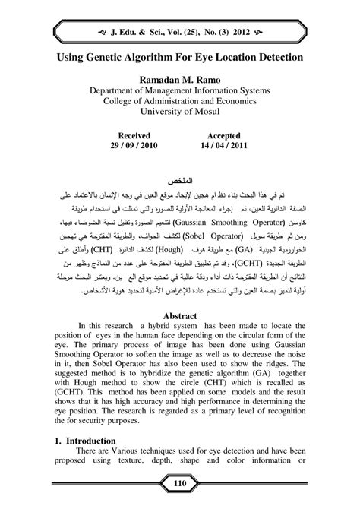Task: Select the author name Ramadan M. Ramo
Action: pyautogui.click(x=179, y=78)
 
